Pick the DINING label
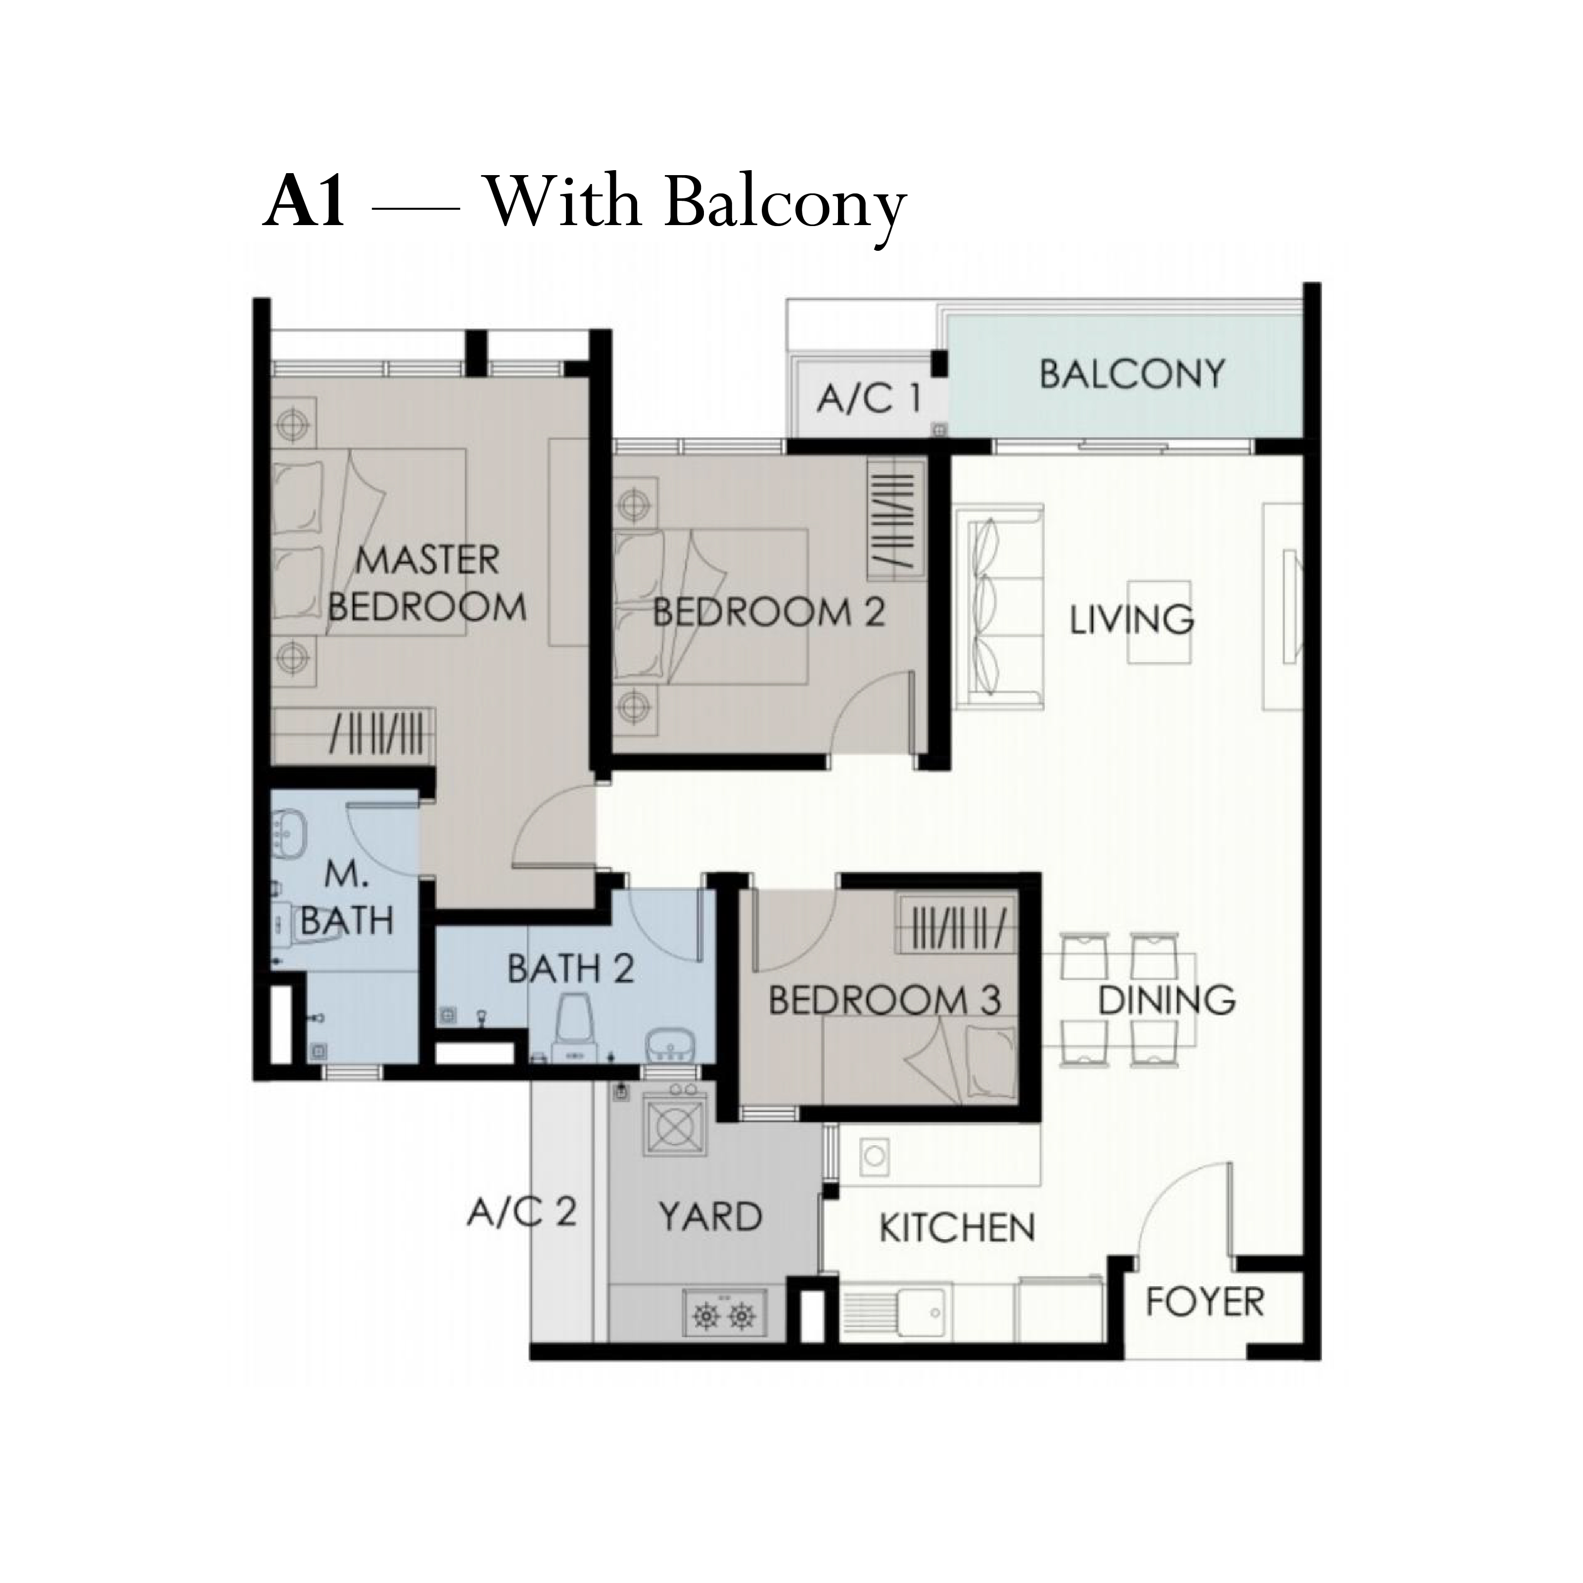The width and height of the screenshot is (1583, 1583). point(1167,1000)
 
